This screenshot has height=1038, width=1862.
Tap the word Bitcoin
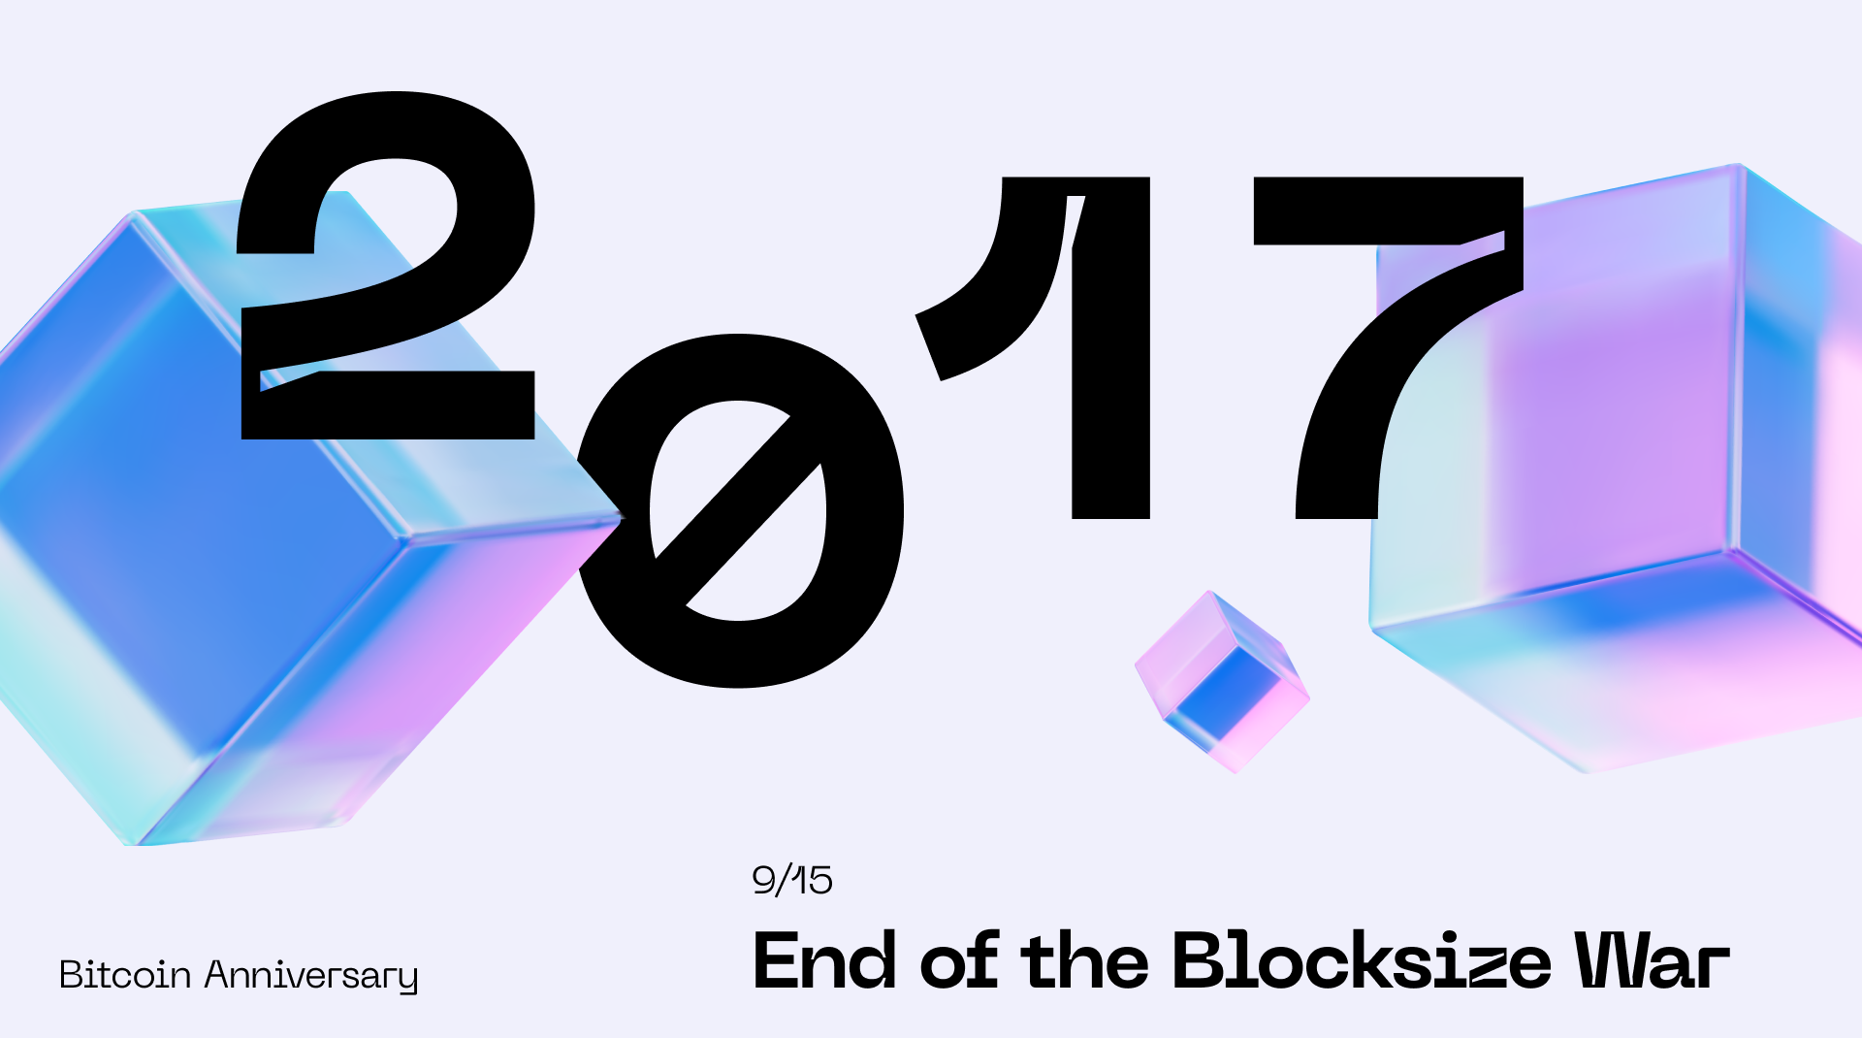(125, 975)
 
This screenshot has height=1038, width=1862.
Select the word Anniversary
(310, 976)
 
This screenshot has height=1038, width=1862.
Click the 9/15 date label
(792, 880)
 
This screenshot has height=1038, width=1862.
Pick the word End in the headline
(824, 961)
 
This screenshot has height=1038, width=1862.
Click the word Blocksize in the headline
(1363, 961)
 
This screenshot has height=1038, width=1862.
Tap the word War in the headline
(1652, 961)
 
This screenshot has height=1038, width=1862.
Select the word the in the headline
(1084, 961)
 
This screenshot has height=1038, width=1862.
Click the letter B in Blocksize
(1203, 961)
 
